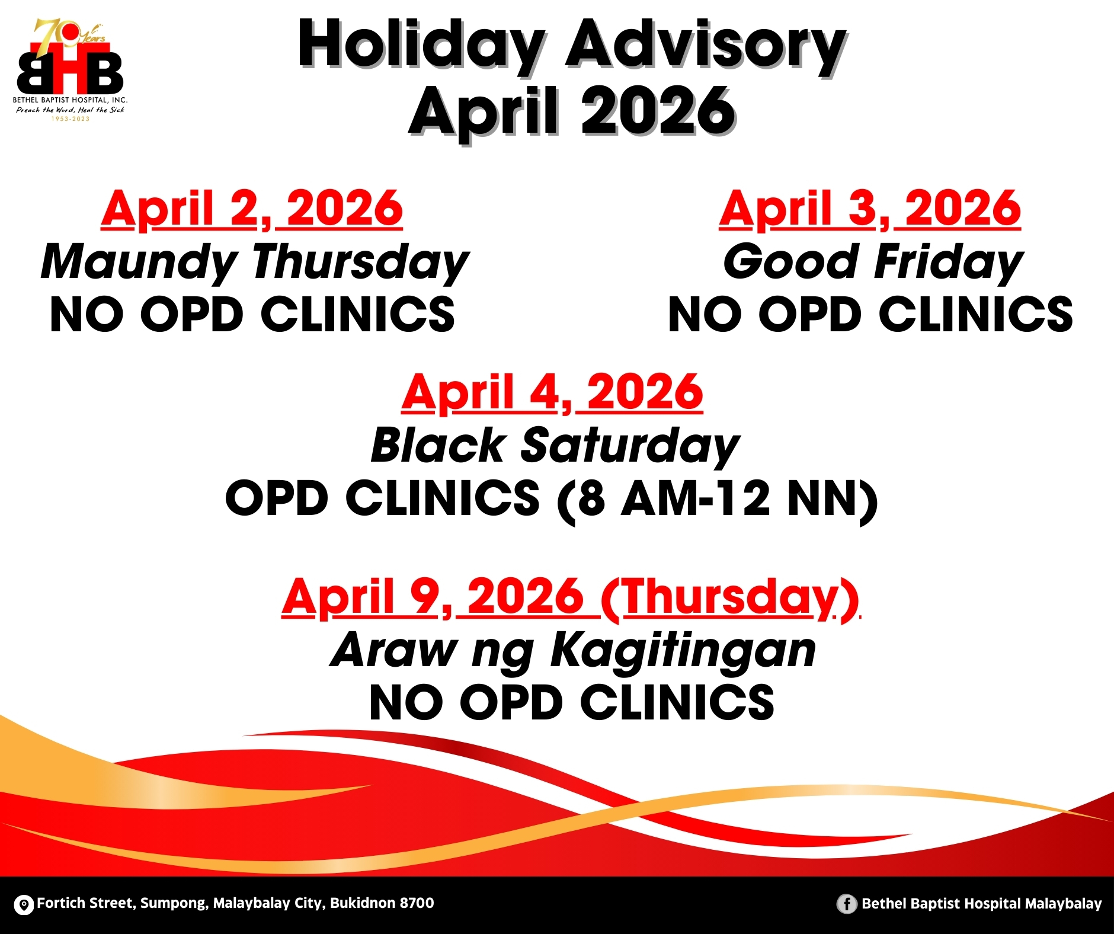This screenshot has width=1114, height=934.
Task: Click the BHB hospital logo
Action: [x=70, y=70]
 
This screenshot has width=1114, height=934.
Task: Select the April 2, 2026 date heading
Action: [x=252, y=209]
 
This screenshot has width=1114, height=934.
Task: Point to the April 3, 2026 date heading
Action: [x=870, y=209]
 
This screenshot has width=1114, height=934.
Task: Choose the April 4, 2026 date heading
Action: [x=552, y=393]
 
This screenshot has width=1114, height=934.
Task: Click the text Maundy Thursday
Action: [x=255, y=263]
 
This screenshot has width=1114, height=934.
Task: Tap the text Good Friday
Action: [x=873, y=263]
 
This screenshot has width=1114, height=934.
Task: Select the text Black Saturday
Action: [x=555, y=446]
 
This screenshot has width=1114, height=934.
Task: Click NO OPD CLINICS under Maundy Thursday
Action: [x=252, y=315]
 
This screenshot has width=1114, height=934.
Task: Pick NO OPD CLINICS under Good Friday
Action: [x=870, y=315]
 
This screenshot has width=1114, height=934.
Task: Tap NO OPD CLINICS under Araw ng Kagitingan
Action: [x=572, y=703]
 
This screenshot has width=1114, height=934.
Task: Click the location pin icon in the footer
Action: [x=24, y=905]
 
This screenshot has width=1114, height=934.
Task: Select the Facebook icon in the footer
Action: [x=847, y=904]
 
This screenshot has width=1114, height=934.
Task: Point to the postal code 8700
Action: [x=417, y=903]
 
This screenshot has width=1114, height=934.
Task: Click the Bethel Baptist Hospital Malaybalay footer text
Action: [x=981, y=904]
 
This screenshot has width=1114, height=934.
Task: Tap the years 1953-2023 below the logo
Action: [x=70, y=119]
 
